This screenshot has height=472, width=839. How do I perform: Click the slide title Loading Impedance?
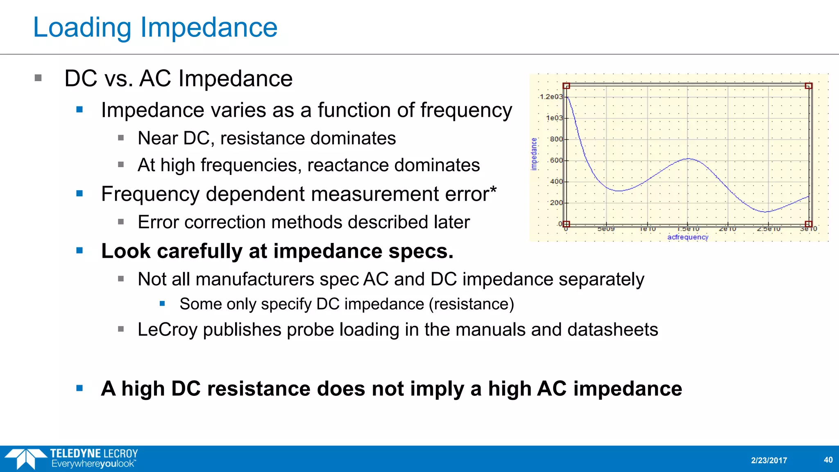[155, 27]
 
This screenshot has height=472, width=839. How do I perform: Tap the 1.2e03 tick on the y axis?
[551, 97]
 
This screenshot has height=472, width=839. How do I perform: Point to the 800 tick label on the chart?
[556, 139]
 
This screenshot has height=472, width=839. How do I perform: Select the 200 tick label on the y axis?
[556, 203]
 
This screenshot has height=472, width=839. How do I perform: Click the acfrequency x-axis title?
[687, 237]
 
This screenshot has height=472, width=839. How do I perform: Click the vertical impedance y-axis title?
[534, 154]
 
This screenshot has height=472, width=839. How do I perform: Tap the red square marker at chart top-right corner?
[808, 86]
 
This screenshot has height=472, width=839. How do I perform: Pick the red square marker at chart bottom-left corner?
[566, 224]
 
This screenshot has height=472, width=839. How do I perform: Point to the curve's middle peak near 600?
[688, 159]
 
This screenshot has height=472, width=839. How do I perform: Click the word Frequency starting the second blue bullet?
[150, 194]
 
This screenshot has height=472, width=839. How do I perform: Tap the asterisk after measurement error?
[493, 190]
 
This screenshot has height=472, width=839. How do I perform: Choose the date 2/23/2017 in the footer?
[769, 461]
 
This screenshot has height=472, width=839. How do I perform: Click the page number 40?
[828, 460]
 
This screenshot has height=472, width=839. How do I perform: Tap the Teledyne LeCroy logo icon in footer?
[26, 458]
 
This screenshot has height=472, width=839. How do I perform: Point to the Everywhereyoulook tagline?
[93, 464]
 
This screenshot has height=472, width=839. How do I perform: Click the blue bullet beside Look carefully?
[79, 250]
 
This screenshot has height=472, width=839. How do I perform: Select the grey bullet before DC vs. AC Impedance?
[39, 78]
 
